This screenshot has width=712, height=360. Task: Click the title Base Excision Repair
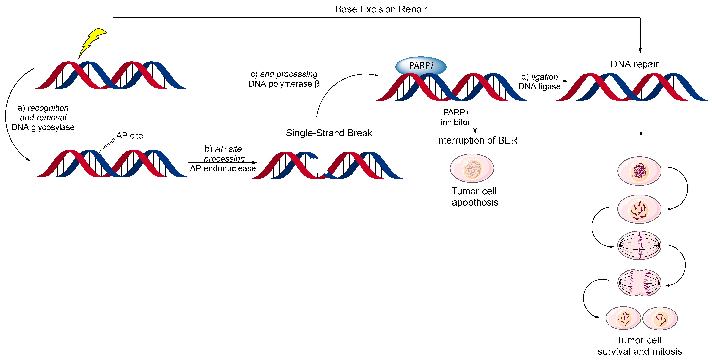(x=381, y=9)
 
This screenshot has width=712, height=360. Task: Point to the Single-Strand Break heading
(x=329, y=133)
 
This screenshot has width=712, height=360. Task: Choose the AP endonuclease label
(x=223, y=168)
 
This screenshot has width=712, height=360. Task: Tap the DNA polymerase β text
(x=284, y=84)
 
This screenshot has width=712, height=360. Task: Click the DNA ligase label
(x=539, y=87)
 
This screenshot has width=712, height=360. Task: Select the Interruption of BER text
(x=476, y=140)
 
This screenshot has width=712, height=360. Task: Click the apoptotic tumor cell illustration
(x=472, y=168)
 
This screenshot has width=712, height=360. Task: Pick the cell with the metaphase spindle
(x=639, y=245)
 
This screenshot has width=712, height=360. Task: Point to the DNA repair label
(x=634, y=64)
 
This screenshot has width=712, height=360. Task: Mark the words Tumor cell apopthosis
(x=475, y=197)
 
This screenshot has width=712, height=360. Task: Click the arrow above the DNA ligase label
(x=540, y=81)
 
